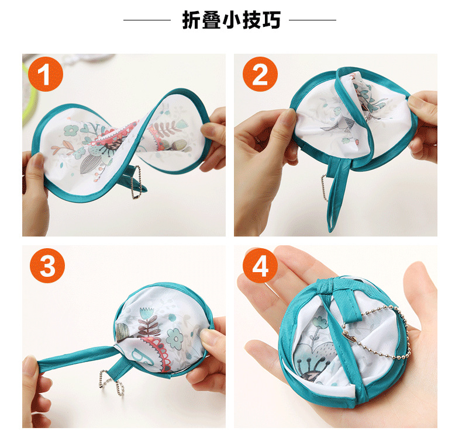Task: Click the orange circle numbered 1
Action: (x=46, y=74)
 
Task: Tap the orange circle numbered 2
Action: (x=260, y=74)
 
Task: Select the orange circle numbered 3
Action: (x=47, y=266)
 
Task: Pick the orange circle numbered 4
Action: (x=260, y=266)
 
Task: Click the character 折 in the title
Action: (x=191, y=20)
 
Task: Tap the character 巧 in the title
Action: (x=271, y=20)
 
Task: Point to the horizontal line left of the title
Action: (x=147, y=20)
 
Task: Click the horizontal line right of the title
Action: (x=313, y=20)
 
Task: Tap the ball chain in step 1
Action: (x=139, y=182)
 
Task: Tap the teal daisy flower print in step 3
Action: (x=175, y=339)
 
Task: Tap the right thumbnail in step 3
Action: (x=207, y=334)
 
